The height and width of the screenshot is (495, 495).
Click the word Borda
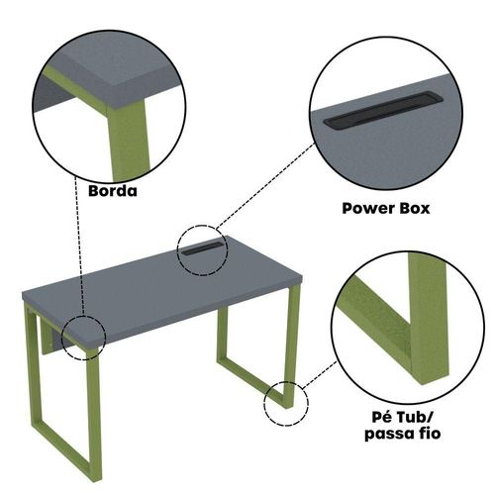pos(113,191)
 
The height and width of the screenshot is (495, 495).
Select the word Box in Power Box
pos(415,209)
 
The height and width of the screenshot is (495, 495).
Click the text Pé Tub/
pos(402,417)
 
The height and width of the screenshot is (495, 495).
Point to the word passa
pos(388,434)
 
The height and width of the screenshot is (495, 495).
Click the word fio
pos(429,433)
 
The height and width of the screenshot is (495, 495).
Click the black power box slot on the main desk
pos(203,248)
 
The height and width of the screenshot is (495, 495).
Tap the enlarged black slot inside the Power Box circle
pos(383,110)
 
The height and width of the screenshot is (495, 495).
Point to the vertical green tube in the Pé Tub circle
pos(427,317)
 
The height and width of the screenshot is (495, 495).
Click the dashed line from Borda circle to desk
pos(79,246)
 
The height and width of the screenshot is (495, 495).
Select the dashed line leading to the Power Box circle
pos(265,186)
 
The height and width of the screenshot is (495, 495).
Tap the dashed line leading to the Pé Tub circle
pos(320,374)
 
